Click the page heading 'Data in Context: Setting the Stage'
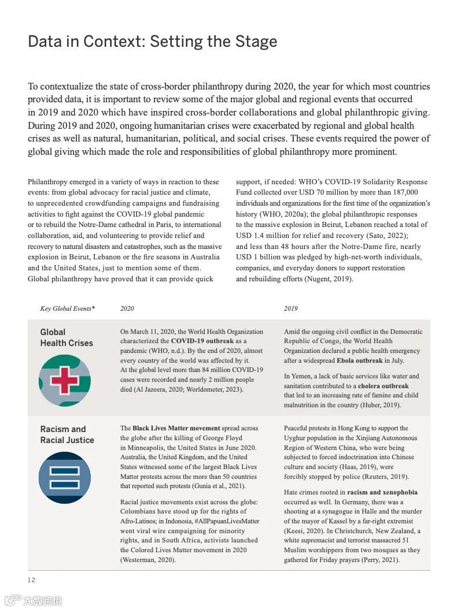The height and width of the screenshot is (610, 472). point(152,42)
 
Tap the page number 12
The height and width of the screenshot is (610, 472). point(31,580)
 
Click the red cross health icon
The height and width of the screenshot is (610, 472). point(65,380)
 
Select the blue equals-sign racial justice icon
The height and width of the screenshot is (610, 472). point(65,477)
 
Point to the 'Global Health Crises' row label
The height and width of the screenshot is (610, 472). point(67,337)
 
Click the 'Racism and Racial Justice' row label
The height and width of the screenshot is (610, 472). point(67,434)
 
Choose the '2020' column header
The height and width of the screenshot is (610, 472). point(127,308)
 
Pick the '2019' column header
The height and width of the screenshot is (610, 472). point(290,308)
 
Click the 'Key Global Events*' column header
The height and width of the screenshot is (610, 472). point(67,308)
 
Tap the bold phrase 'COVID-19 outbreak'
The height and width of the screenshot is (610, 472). point(202,341)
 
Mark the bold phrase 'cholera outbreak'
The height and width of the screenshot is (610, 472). point(383,386)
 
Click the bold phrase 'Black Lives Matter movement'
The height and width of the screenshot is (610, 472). point(176,428)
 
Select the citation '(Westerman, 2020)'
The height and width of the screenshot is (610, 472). point(148,560)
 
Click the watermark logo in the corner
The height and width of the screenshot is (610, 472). point(33,600)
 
